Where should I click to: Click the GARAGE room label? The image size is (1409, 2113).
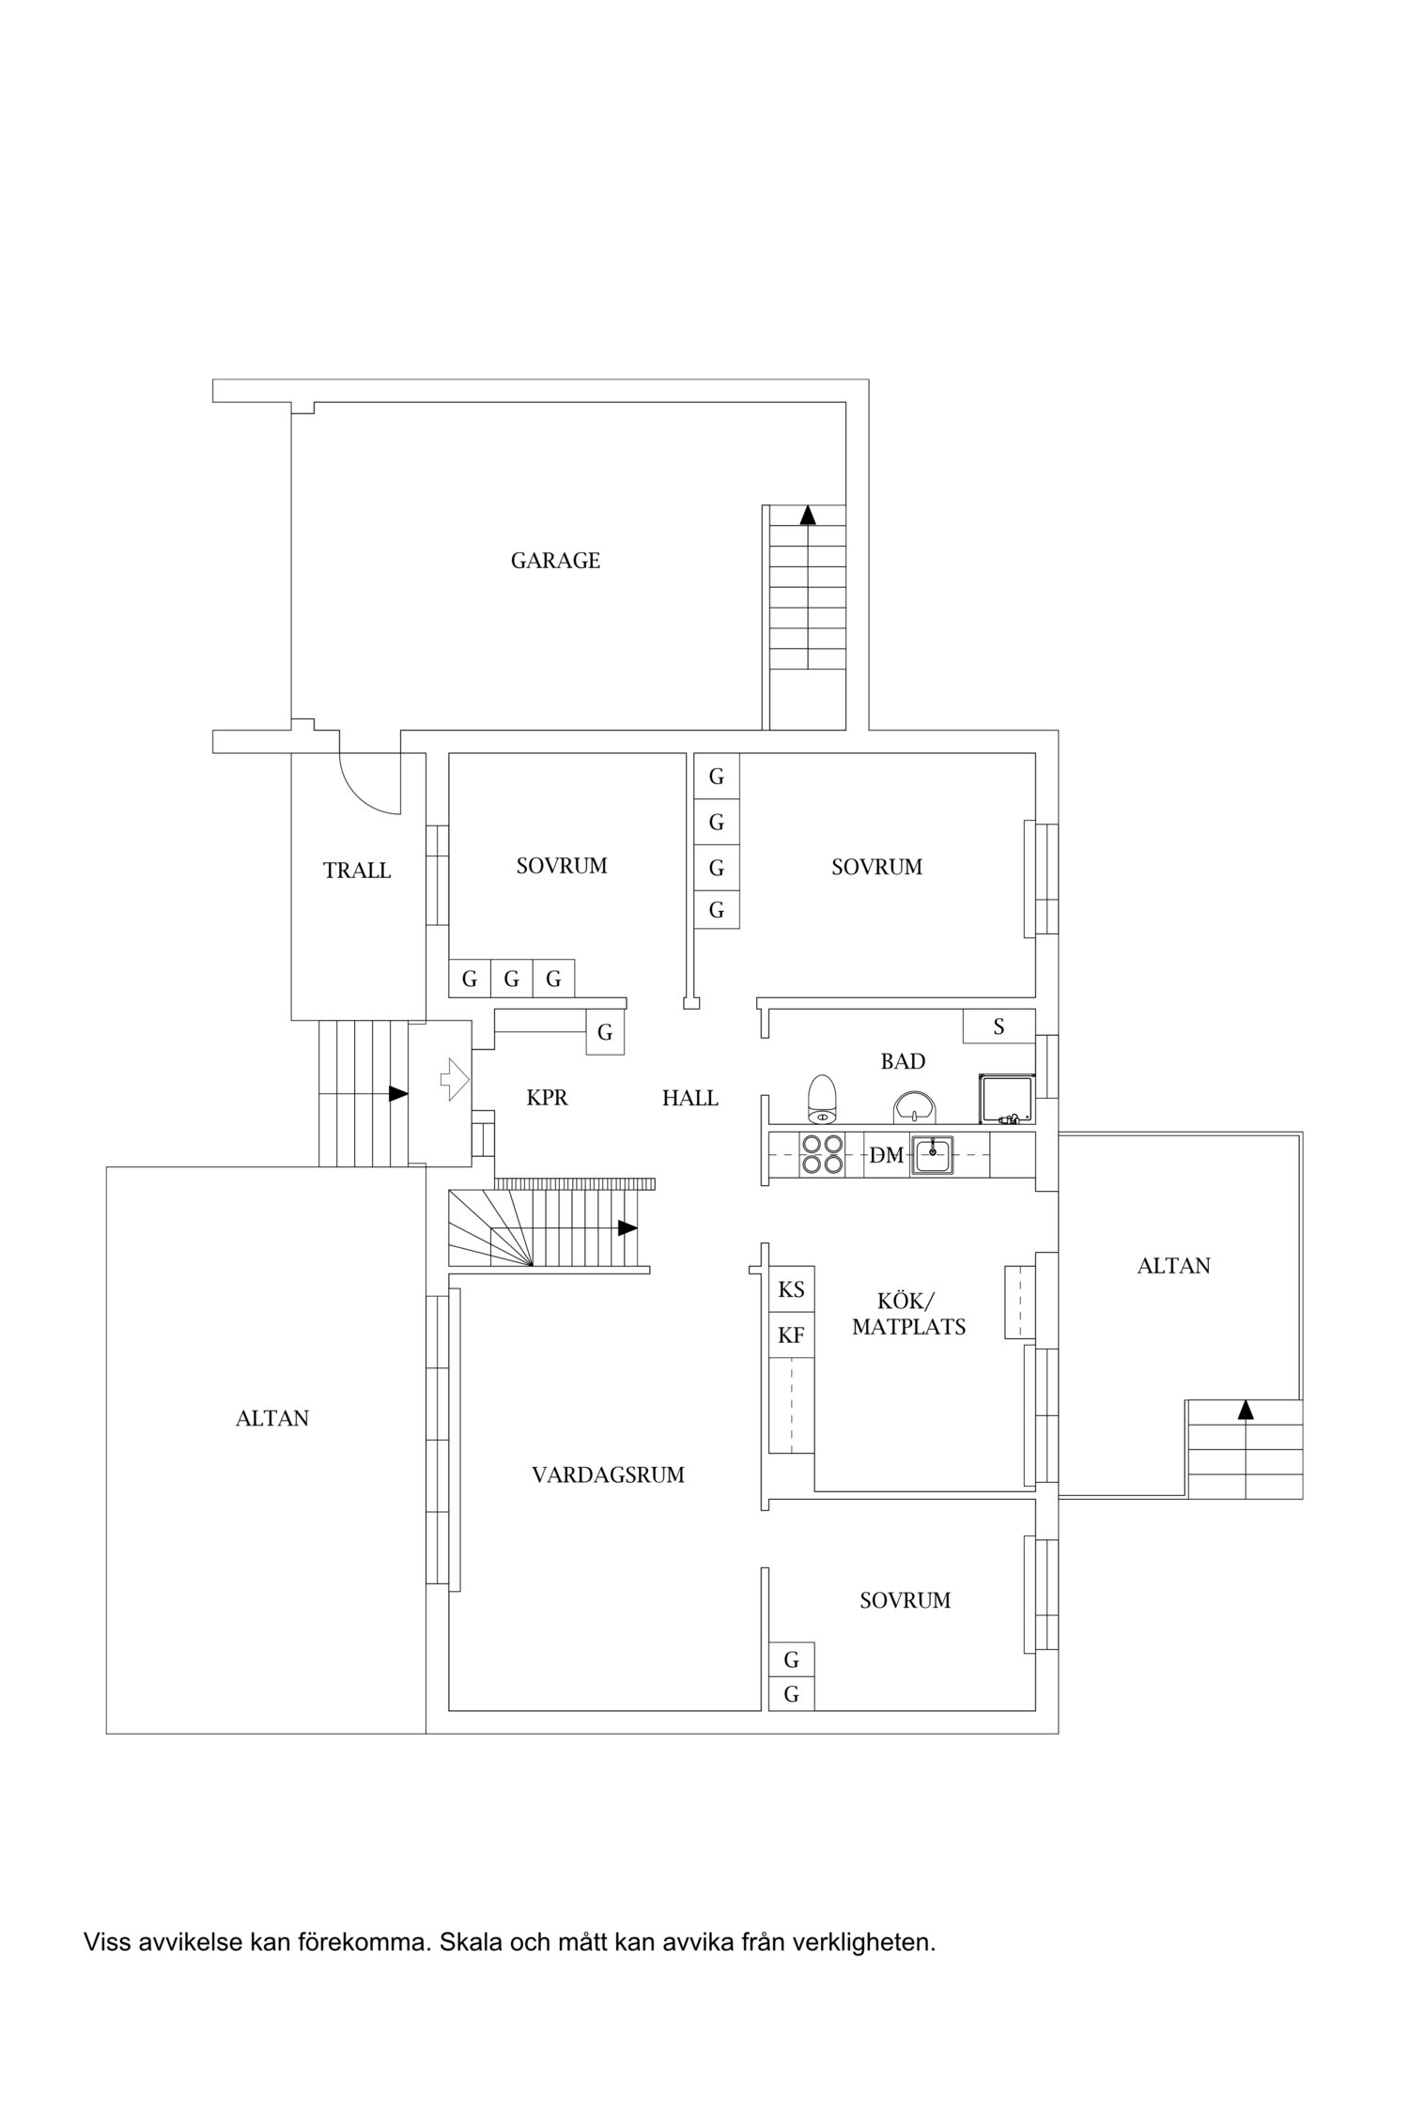point(555,561)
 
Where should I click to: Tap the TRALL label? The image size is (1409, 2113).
point(357,871)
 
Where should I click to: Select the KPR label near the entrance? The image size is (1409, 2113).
point(547,1097)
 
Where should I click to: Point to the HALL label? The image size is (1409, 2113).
point(690,1098)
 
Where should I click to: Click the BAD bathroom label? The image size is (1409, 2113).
point(903,1061)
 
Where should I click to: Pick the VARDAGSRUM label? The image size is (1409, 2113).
point(608,1474)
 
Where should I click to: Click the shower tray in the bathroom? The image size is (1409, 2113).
point(1005,1098)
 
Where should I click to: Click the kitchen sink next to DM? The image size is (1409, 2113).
point(933,1154)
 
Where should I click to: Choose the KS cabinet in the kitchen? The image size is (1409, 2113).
point(792,1289)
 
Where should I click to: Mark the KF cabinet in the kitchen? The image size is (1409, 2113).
point(792,1334)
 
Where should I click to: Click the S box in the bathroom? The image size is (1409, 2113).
point(999,1026)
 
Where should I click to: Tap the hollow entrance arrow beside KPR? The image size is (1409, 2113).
point(455,1079)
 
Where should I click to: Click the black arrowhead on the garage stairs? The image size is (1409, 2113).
point(808,514)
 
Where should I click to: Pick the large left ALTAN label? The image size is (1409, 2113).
point(272,1418)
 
